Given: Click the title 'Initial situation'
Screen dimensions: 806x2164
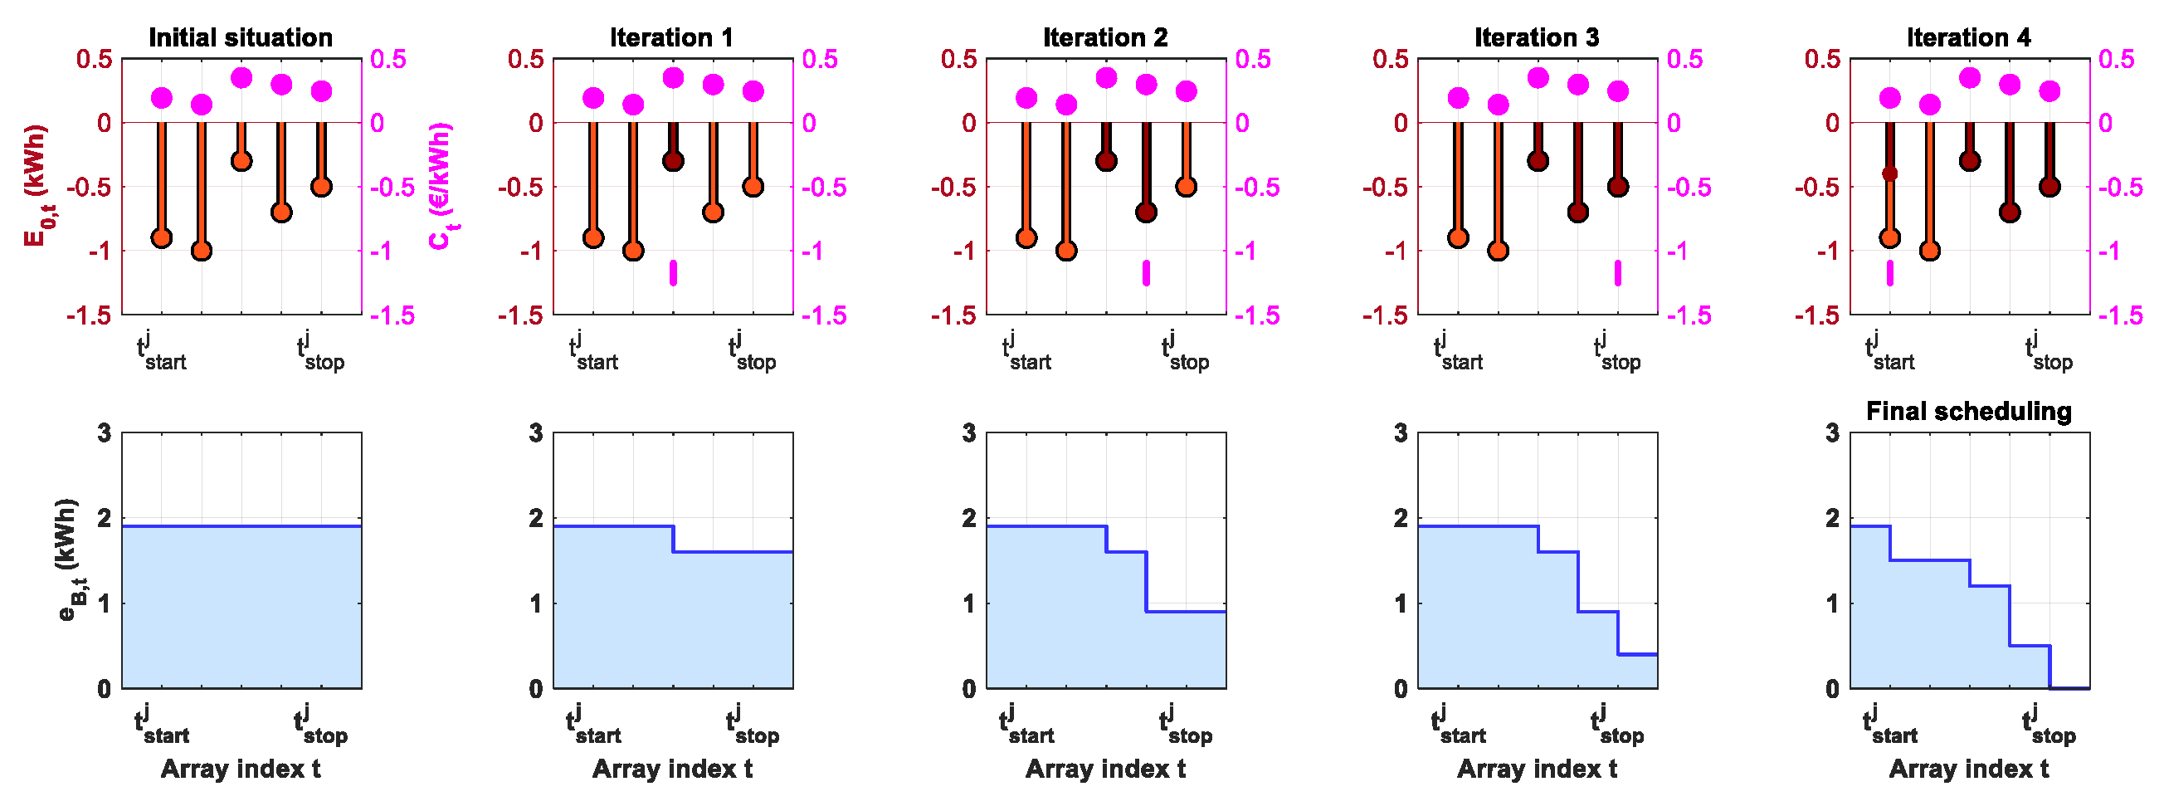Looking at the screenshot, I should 241,37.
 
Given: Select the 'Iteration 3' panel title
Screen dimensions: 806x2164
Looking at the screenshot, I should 1537,37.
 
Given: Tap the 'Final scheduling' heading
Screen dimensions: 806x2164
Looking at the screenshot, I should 1968,411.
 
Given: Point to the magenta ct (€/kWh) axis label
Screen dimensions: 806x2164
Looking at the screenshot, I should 442,186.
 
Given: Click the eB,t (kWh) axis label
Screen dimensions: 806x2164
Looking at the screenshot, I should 69,559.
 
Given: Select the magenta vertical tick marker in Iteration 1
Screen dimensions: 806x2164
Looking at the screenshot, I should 673,273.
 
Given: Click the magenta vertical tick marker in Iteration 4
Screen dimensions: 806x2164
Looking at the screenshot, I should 1889,273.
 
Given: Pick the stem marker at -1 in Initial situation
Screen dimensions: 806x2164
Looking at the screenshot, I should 202,251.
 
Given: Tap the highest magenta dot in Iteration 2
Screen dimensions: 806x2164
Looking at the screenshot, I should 1106,78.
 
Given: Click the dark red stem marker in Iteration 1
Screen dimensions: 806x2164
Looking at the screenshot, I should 673,160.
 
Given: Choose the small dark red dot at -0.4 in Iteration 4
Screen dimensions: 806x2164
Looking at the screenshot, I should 1889,174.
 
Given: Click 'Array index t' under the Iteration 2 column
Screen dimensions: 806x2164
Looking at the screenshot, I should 1104,768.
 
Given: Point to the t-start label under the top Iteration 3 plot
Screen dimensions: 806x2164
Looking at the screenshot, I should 1458,352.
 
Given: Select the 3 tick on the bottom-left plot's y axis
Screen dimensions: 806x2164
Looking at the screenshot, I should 105,432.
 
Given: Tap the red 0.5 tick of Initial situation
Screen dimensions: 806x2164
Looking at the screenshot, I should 93,59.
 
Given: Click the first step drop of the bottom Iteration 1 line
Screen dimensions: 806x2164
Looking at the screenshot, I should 674,539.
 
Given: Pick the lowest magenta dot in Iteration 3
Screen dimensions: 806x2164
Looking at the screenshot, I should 1498,105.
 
